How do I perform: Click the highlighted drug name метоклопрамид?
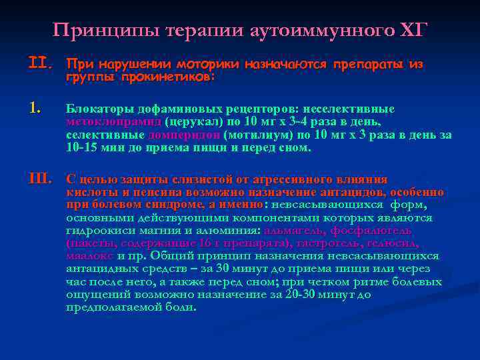pyautogui.click(x=104, y=121)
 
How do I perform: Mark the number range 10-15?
pyautogui.click(x=81, y=147)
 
